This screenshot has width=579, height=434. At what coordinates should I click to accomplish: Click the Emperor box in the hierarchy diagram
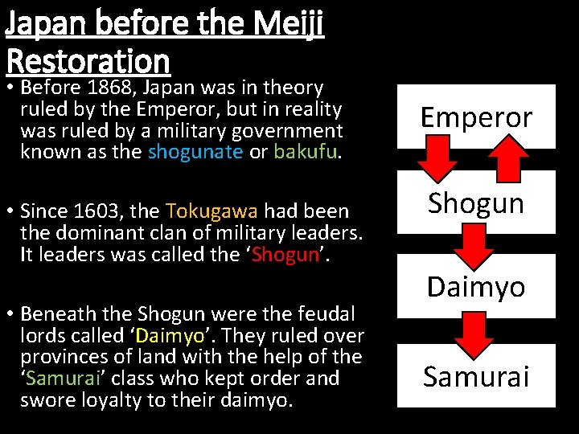pyautogui.click(x=476, y=117)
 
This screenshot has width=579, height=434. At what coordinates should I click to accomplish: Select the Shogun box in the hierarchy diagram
pyautogui.click(x=476, y=203)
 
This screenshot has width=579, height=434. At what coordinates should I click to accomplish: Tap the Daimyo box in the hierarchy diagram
pyautogui.click(x=476, y=286)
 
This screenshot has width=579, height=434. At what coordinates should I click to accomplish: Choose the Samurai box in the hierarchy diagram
pyautogui.click(x=476, y=376)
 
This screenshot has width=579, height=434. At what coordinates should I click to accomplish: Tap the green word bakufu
pyautogui.click(x=304, y=151)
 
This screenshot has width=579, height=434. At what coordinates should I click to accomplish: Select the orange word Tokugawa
pyautogui.click(x=211, y=211)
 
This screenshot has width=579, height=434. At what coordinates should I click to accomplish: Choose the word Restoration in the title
pyautogui.click(x=88, y=60)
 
